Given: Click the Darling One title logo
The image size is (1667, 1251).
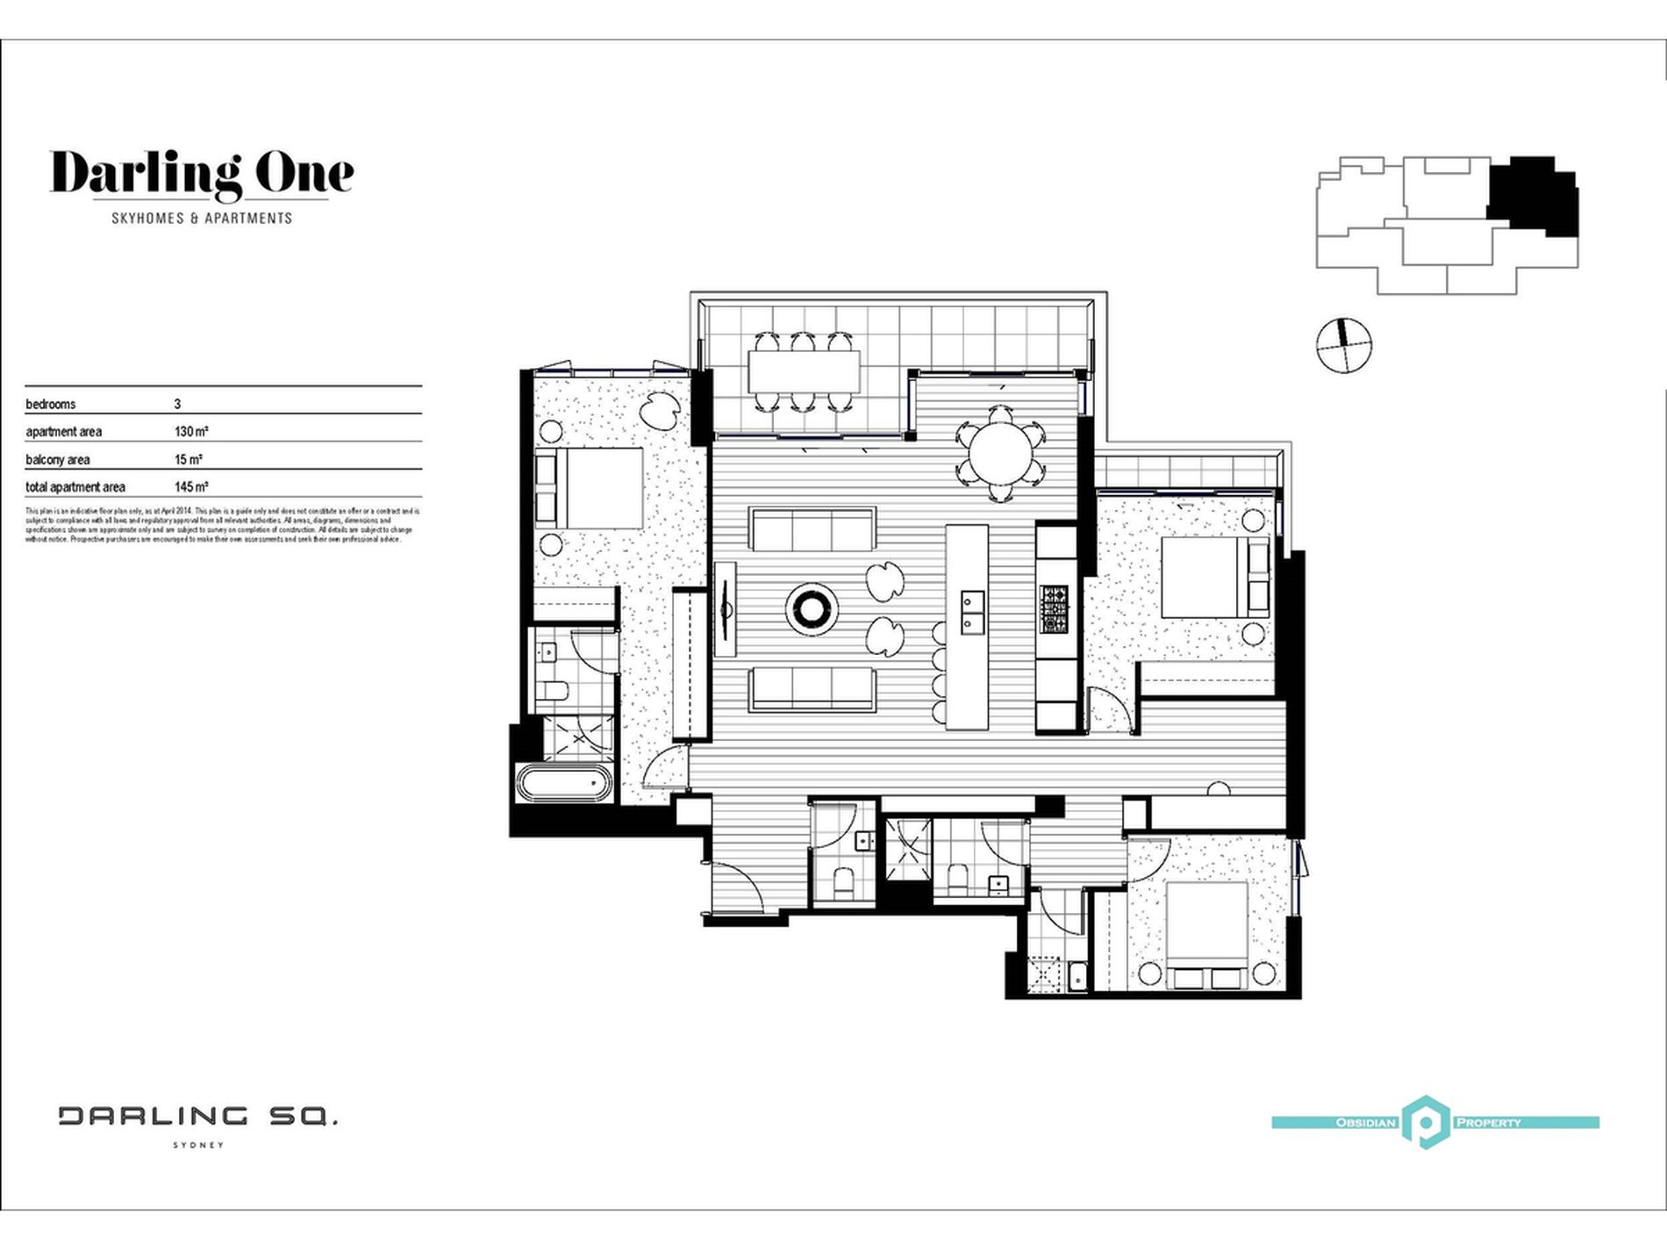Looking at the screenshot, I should pyautogui.click(x=202, y=174).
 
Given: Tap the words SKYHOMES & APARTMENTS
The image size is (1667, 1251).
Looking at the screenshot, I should pyautogui.click(x=202, y=218).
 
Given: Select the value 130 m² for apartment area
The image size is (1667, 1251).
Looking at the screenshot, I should pyautogui.click(x=190, y=432).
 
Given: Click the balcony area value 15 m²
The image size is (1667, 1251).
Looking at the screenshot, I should pyautogui.click(x=188, y=459).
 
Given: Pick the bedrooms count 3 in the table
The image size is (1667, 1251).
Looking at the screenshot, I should pyautogui.click(x=177, y=405).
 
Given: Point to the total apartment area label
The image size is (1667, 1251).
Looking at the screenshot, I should pyautogui.click(x=75, y=487).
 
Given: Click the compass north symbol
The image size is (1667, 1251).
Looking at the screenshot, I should pyautogui.click(x=1343, y=345).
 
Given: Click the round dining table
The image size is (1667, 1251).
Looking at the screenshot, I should pyautogui.click(x=1001, y=453).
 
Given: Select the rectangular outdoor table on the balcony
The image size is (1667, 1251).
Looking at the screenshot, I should pyautogui.click(x=804, y=371).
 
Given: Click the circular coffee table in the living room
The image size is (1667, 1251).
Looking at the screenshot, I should pyautogui.click(x=811, y=608).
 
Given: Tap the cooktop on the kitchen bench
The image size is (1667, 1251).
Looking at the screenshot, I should pyautogui.click(x=1055, y=608).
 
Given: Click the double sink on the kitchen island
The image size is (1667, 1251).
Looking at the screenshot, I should pyautogui.click(x=971, y=612).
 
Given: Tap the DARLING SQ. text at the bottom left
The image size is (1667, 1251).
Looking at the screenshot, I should pyautogui.click(x=198, y=1117).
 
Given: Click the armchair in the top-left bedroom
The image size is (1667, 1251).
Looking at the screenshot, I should pyautogui.click(x=658, y=410).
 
